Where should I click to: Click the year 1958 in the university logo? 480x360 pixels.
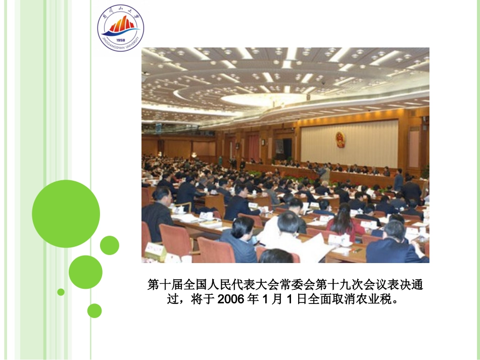120,40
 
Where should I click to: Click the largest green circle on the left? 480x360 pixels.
66,214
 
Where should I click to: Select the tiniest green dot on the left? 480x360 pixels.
61,292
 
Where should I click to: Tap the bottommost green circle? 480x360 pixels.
94,311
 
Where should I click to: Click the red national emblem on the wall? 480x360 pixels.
340,139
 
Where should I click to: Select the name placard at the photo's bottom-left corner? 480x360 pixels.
155,250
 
